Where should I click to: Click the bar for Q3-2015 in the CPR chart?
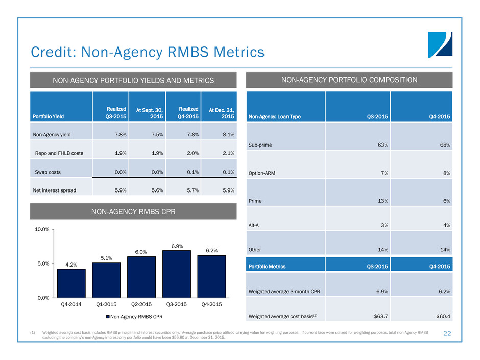click(x=177, y=274)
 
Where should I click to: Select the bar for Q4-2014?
click(x=71, y=283)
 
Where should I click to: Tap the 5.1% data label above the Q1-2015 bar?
click(x=106, y=257)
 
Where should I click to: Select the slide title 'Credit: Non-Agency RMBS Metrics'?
click(x=148, y=52)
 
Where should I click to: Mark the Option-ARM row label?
click(x=263, y=173)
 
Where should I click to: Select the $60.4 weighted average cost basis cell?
click(x=442, y=317)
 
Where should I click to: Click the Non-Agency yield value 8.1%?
click(x=228, y=135)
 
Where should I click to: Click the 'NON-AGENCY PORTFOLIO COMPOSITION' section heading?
click(x=349, y=80)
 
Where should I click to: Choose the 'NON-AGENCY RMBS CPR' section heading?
click(x=134, y=211)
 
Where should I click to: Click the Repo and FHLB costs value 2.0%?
click(x=193, y=153)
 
